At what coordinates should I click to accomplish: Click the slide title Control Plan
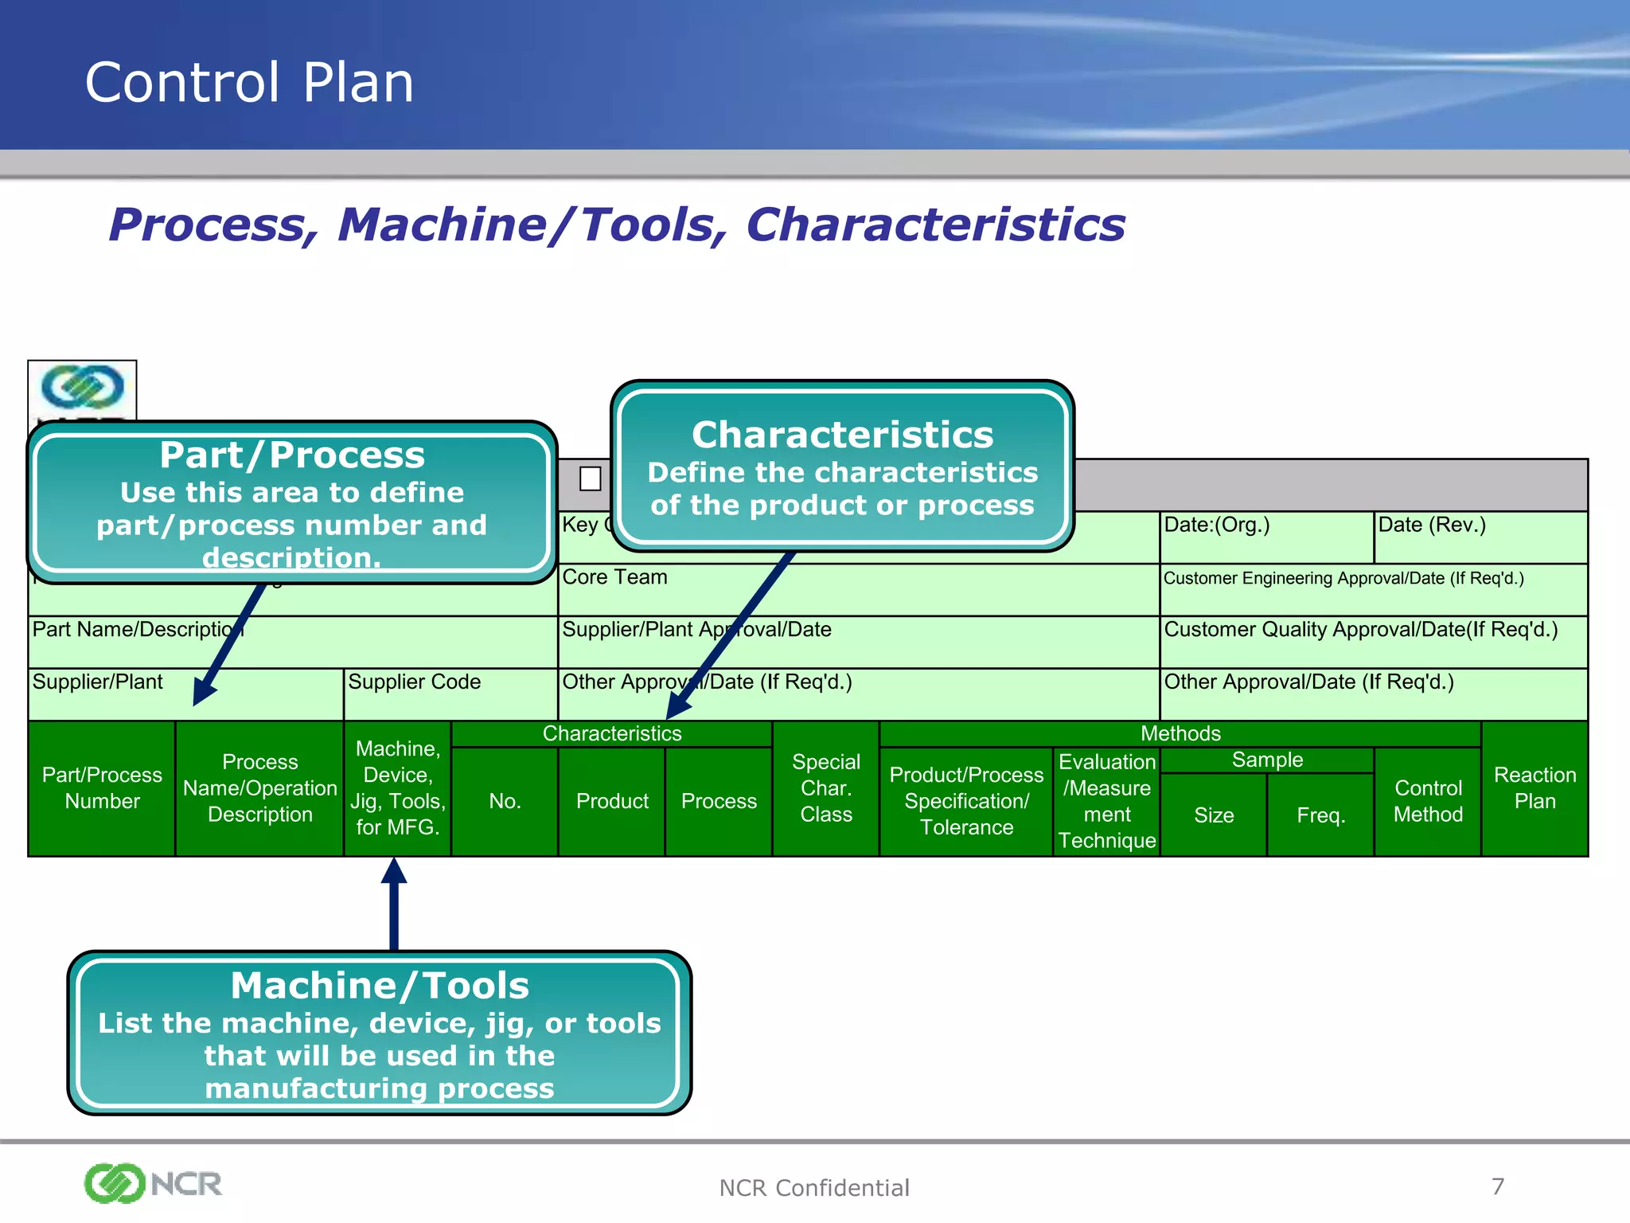[x=249, y=83]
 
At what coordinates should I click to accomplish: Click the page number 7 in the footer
[x=1497, y=1186]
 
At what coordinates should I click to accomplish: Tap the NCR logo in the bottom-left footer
[x=153, y=1183]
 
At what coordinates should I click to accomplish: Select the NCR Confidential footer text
[x=813, y=1188]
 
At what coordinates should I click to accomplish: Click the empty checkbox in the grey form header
[x=590, y=479]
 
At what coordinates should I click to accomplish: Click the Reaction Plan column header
[x=1534, y=788]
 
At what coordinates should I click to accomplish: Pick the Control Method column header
[x=1428, y=801]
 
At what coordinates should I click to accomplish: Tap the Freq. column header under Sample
[x=1320, y=815]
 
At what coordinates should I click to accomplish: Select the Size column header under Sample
[x=1213, y=815]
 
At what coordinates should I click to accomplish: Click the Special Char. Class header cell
[x=825, y=788]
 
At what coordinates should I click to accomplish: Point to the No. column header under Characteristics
[x=505, y=801]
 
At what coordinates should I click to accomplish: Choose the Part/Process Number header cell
[x=102, y=788]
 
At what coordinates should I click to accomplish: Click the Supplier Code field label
[x=414, y=682]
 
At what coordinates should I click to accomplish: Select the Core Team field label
[x=614, y=577]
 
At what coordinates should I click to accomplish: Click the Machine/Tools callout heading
[x=380, y=986]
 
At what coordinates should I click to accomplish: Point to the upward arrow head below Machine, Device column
[x=394, y=872]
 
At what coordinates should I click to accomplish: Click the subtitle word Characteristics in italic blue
[x=935, y=225]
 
